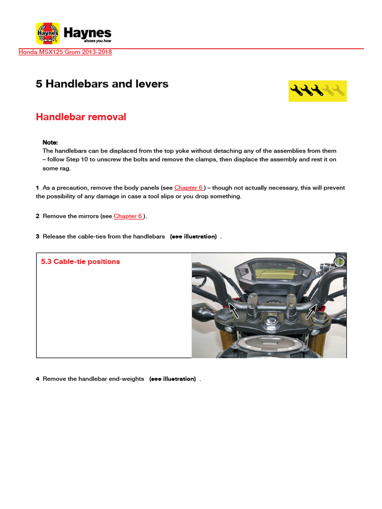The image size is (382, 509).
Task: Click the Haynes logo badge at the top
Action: click(48, 33)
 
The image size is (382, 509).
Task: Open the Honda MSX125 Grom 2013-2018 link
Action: click(65, 52)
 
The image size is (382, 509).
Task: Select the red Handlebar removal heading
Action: click(81, 117)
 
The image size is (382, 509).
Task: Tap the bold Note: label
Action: click(50, 142)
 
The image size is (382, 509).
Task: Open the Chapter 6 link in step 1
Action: click(189, 188)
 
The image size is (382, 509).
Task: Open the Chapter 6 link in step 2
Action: click(128, 216)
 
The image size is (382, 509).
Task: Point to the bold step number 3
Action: click(37, 237)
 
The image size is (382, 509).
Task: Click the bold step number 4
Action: click(37, 379)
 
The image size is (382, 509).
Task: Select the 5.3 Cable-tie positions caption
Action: click(80, 261)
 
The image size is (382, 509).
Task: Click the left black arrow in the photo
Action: click(233, 310)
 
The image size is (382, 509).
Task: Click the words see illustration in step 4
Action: click(172, 379)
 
